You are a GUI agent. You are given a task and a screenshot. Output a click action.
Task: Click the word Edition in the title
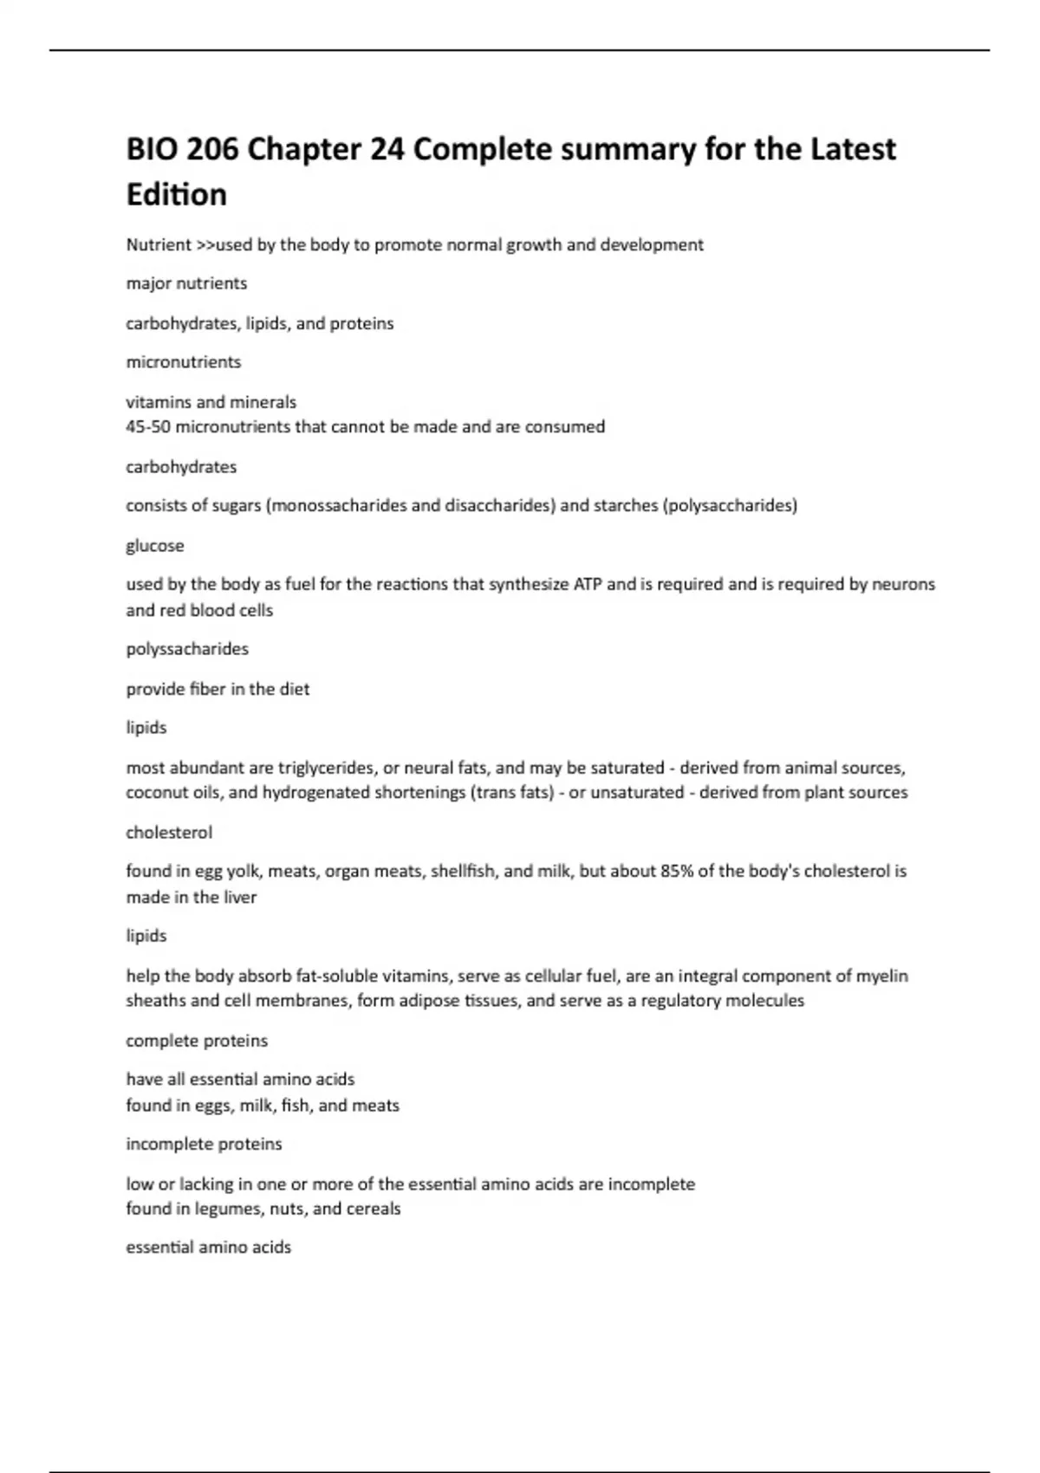(x=177, y=194)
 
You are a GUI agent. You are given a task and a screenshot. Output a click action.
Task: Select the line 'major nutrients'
(x=186, y=283)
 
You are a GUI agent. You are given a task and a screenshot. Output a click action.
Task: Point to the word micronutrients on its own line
(x=184, y=362)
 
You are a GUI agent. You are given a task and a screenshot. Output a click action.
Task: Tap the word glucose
(x=155, y=546)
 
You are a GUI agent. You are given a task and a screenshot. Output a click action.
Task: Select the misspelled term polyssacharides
(x=187, y=649)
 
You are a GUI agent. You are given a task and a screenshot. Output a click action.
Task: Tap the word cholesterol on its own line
(x=169, y=833)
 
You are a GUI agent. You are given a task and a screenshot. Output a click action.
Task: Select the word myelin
(x=881, y=976)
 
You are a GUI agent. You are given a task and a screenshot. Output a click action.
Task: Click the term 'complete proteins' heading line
(x=197, y=1041)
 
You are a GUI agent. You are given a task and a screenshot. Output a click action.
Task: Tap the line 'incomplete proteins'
(x=204, y=1144)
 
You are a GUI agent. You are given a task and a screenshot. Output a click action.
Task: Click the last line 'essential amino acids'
(x=208, y=1248)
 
